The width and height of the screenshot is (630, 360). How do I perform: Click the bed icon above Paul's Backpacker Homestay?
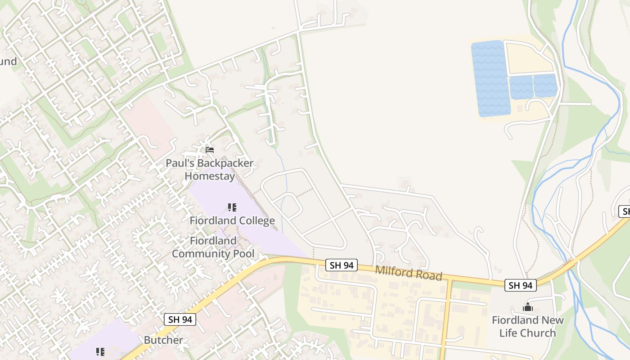[209, 150]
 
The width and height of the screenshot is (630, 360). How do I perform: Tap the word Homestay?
[210, 176]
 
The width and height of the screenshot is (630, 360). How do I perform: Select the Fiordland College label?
[232, 220]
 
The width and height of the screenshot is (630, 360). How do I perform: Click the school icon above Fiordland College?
[232, 207]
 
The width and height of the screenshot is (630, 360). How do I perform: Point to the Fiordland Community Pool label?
[213, 247]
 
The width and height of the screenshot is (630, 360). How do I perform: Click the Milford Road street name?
[409, 273]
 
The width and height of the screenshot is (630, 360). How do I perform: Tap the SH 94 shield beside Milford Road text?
[342, 265]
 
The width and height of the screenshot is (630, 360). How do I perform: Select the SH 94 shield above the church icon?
[521, 285]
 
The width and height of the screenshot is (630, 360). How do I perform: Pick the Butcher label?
[163, 340]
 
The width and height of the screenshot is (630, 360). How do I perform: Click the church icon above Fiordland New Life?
[527, 308]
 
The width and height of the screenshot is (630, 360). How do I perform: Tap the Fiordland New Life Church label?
[527, 327]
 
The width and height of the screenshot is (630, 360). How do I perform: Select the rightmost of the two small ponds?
[545, 86]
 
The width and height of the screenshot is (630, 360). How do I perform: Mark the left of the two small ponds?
[521, 87]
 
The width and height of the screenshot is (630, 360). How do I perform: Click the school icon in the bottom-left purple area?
[100, 351]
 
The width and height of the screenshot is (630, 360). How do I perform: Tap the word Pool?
[243, 253]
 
